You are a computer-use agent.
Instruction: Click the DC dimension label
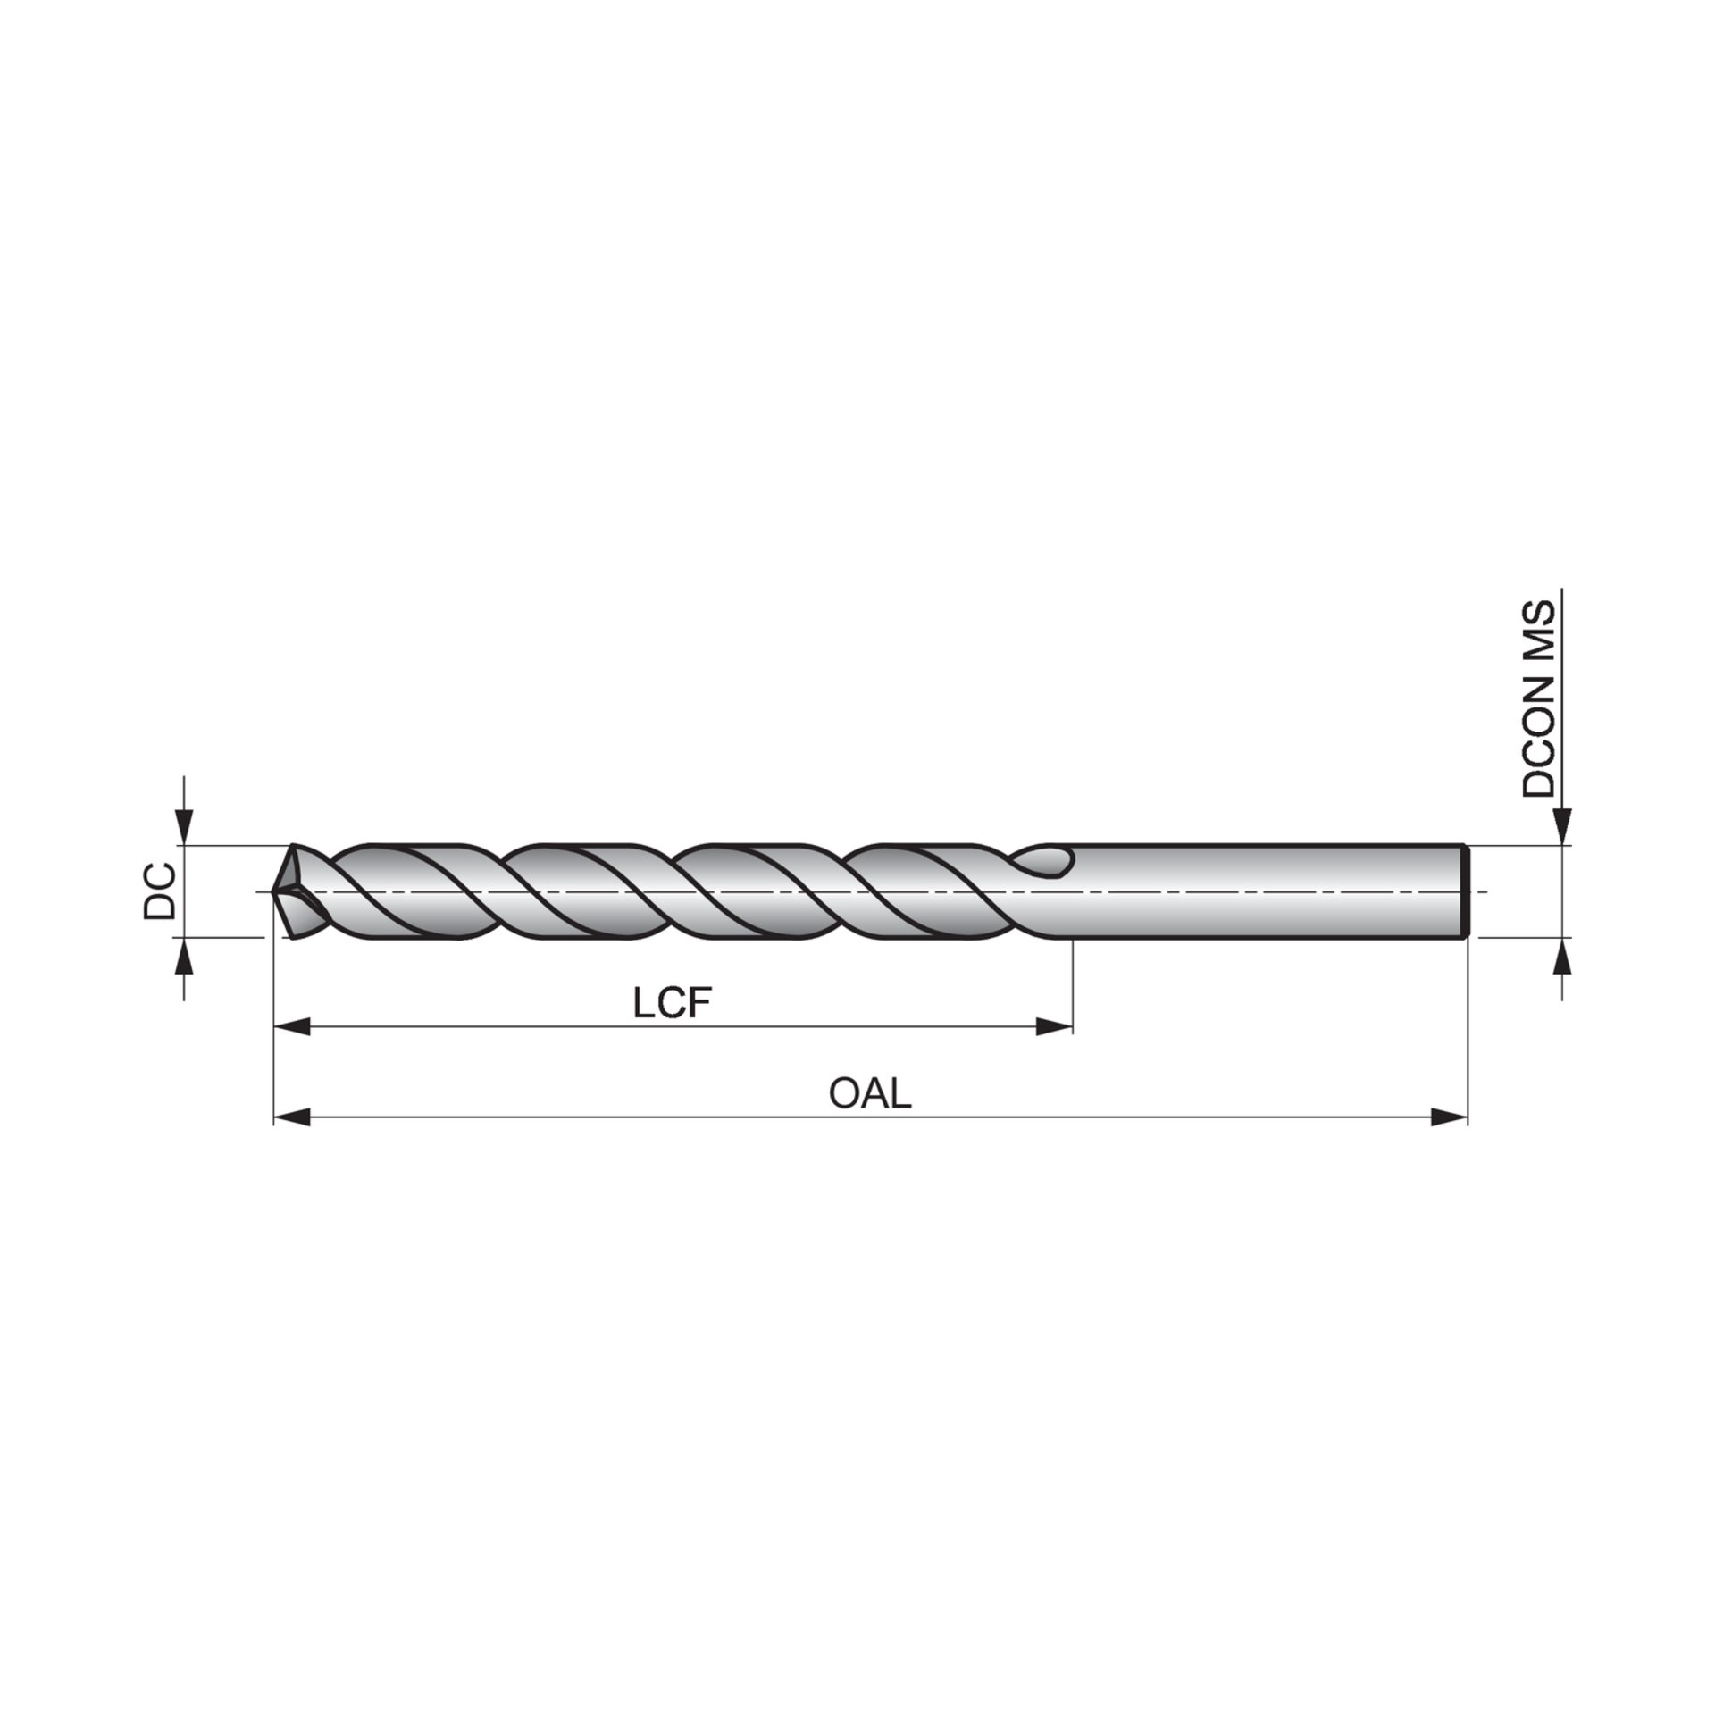[160, 891]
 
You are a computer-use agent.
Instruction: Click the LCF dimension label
[673, 1004]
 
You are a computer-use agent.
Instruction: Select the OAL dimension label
[870, 1092]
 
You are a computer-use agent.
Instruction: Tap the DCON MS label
[1538, 699]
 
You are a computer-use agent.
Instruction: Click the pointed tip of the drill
[272, 891]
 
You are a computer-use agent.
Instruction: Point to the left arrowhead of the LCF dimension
[291, 1027]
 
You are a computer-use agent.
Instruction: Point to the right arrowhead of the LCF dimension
[1053, 1027]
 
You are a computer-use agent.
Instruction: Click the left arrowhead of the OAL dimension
[291, 1117]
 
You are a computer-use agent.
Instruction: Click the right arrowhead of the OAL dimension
[1449, 1117]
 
